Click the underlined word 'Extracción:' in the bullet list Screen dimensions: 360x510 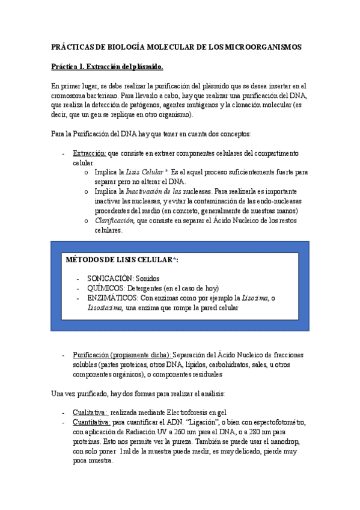coord(90,153)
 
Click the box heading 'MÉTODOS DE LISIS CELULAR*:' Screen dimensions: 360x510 coord(123,259)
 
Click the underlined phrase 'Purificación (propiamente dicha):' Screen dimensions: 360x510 coord(121,355)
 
